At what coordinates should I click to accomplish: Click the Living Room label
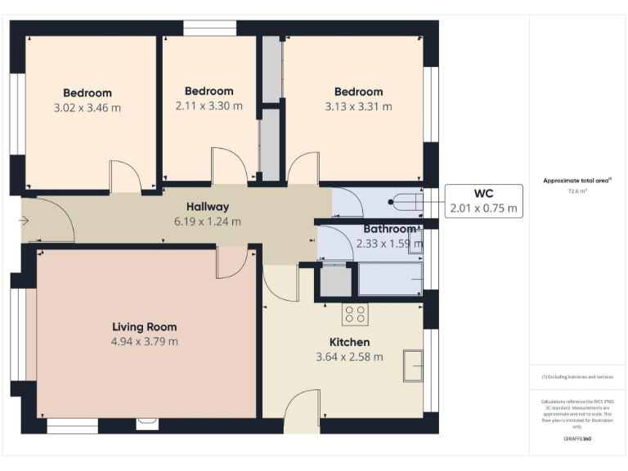[144, 327]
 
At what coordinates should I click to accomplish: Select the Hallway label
[207, 207]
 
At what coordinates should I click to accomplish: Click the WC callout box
[483, 200]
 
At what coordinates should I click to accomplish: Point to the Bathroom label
[390, 229]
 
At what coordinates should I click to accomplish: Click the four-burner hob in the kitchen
[355, 314]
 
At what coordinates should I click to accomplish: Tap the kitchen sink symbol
[414, 365]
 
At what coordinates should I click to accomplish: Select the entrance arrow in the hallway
[25, 220]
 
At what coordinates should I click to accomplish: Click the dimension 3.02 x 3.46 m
[87, 107]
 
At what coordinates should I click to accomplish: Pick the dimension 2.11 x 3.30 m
[209, 105]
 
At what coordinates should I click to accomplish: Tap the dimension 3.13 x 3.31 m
[358, 106]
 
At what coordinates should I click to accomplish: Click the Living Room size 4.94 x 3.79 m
[144, 342]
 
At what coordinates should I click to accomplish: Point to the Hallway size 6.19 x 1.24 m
[207, 222]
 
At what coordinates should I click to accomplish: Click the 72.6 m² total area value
[577, 191]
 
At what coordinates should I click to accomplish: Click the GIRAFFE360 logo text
[577, 439]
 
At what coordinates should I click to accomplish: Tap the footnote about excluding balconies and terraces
[577, 377]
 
